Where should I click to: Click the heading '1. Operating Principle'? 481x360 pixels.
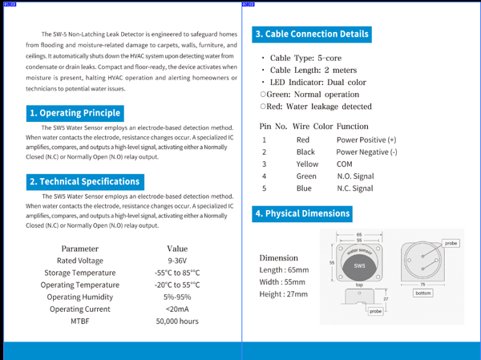click(x=75, y=113)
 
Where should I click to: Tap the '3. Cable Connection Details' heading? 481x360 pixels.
click(x=312, y=34)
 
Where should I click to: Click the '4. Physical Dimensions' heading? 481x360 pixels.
click(x=302, y=213)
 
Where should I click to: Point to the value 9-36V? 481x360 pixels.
click(x=177, y=261)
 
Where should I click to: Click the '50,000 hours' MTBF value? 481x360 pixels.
click(x=177, y=321)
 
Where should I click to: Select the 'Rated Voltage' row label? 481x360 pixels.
click(x=80, y=261)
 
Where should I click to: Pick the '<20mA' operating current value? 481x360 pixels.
click(x=177, y=309)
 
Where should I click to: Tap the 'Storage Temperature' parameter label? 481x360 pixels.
click(x=80, y=273)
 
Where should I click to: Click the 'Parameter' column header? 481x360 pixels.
click(x=80, y=249)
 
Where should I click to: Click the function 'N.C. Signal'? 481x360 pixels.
click(x=354, y=188)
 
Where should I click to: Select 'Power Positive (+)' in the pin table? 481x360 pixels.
click(x=366, y=140)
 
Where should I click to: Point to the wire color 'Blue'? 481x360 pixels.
click(x=304, y=188)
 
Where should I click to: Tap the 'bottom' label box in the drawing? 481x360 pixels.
click(x=423, y=293)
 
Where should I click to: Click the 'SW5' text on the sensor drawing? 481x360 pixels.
click(x=359, y=265)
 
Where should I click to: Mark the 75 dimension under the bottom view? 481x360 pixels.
click(x=422, y=284)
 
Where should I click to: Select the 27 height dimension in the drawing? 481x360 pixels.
click(x=386, y=298)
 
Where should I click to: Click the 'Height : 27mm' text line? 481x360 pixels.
click(x=284, y=294)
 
